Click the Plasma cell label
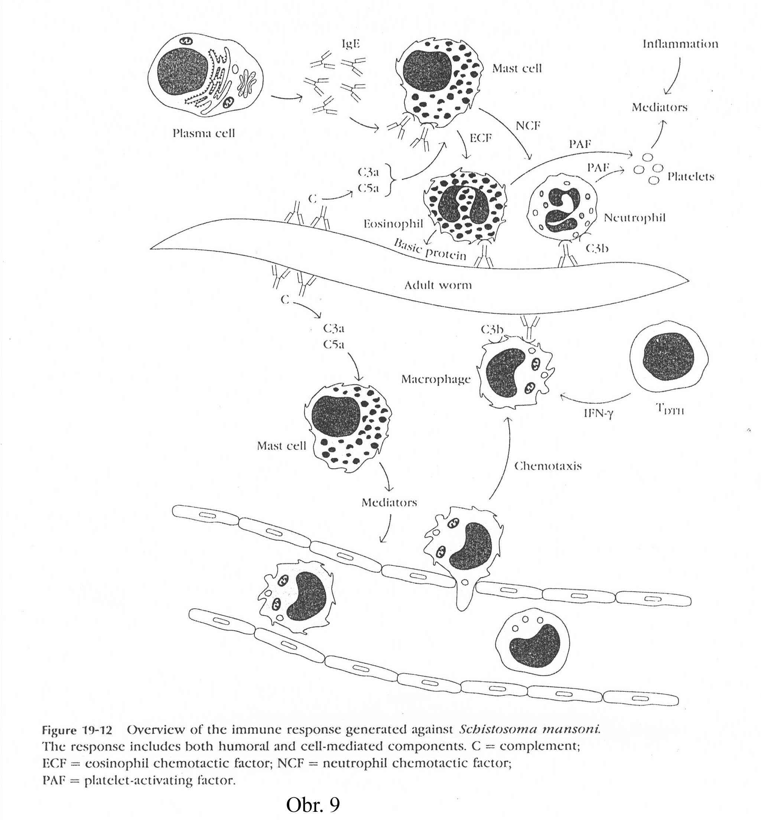(204, 133)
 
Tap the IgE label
(351, 44)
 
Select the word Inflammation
(680, 44)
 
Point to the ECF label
(481, 138)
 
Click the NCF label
(528, 126)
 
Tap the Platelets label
(690, 177)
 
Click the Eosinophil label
(393, 224)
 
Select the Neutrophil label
(635, 218)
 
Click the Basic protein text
(430, 249)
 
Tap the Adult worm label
(438, 285)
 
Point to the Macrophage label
(436, 379)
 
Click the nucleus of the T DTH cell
(669, 357)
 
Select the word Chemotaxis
(548, 466)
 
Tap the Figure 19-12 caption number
(77, 730)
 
